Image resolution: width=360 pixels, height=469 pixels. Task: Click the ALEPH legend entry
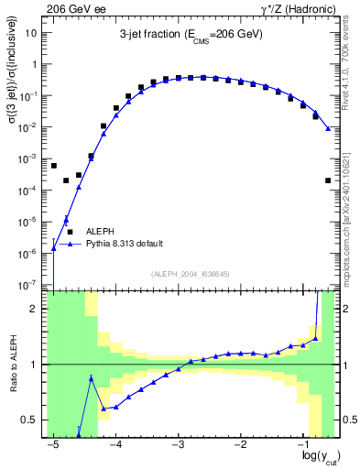click(x=99, y=233)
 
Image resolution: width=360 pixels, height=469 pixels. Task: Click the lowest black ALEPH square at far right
click(x=328, y=180)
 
